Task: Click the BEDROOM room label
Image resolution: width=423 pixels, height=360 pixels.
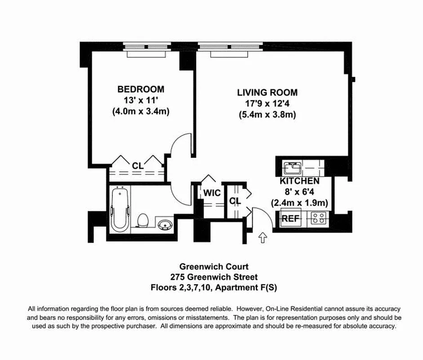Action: point(141,89)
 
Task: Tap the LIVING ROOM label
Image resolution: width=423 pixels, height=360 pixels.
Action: point(267,93)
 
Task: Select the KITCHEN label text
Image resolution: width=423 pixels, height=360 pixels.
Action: point(299,181)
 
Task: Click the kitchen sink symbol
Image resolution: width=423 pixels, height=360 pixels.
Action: point(293,168)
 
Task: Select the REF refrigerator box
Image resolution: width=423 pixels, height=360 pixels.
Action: point(290,219)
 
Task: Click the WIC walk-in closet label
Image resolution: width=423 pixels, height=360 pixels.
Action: point(212,193)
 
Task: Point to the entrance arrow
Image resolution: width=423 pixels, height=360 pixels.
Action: point(263,237)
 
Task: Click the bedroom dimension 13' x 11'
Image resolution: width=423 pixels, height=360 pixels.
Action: point(141,100)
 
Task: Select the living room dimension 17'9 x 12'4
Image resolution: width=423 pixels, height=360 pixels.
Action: point(267,104)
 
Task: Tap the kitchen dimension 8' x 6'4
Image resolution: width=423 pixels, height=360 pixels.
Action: point(299,192)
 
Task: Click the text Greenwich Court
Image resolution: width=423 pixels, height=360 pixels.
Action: point(211,267)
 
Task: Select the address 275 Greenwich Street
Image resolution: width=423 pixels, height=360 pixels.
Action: point(211,277)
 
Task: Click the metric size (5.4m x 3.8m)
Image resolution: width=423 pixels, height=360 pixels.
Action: point(267,115)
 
